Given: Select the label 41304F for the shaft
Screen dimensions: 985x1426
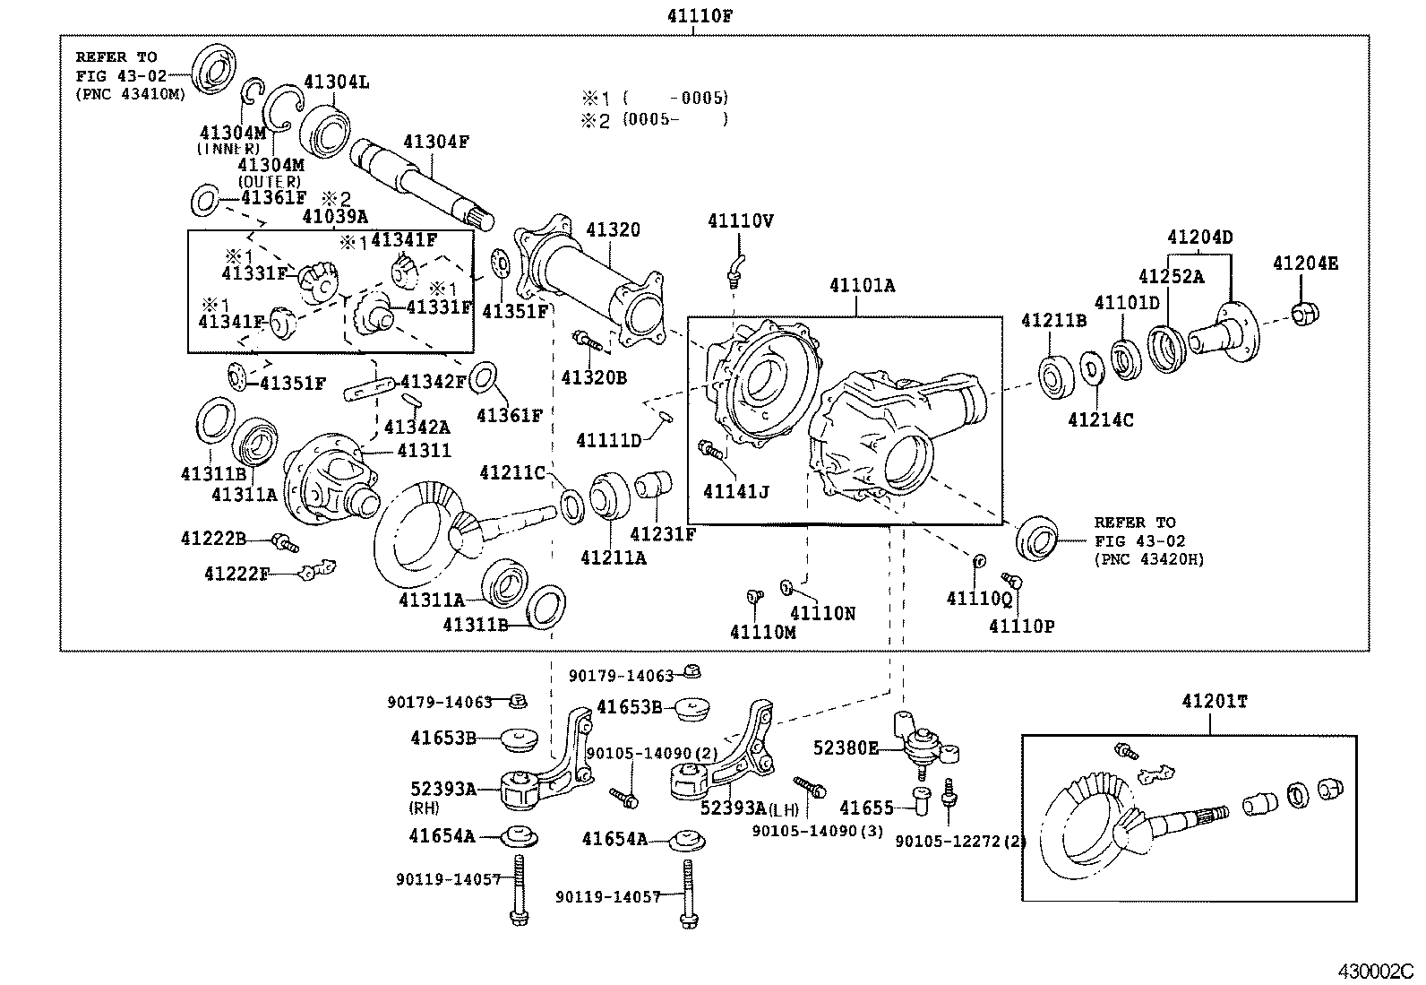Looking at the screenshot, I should (x=436, y=142).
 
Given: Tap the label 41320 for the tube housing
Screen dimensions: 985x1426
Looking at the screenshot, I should (x=614, y=229).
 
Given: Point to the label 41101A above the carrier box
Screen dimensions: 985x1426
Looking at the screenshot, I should (x=862, y=286).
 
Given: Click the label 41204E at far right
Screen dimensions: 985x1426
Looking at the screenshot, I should (x=1305, y=263).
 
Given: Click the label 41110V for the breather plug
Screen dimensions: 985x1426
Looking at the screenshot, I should (x=740, y=220).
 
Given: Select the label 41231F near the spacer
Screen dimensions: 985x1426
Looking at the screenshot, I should (x=663, y=535).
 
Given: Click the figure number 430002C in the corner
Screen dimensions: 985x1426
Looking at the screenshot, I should (x=1375, y=971).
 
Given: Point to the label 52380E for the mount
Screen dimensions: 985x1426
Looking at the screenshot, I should (x=846, y=747).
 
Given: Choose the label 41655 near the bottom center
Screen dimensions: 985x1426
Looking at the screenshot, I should (x=866, y=808).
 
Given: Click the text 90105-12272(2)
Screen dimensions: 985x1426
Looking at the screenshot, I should (x=960, y=842).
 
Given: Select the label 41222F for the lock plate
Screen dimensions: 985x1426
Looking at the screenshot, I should (x=236, y=573).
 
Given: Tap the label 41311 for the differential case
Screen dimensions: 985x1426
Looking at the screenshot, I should (x=424, y=451).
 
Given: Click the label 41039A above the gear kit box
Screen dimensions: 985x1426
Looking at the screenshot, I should (x=335, y=216).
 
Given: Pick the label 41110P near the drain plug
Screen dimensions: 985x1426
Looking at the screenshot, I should (x=1021, y=626).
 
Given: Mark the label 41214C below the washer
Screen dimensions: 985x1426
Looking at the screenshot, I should (x=1101, y=419).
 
